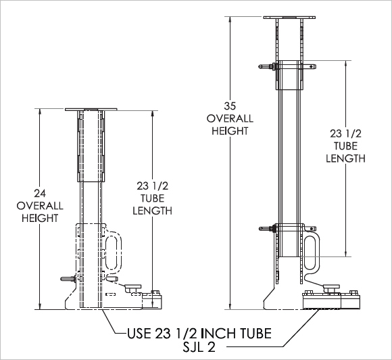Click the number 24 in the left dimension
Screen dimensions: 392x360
(x=40, y=194)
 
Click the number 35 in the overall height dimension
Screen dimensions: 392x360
(x=230, y=106)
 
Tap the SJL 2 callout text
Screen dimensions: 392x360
(x=199, y=347)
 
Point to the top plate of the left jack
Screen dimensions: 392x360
(x=91, y=110)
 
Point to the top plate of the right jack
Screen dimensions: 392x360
(x=289, y=18)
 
